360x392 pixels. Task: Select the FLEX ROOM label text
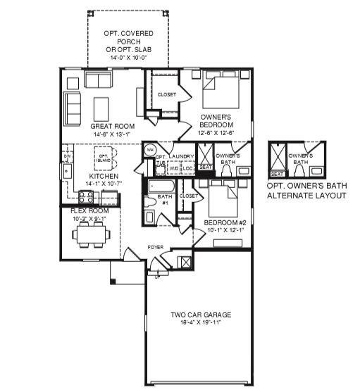(x=89, y=210)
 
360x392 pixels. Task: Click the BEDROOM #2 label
(x=224, y=222)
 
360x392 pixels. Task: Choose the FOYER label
(x=155, y=248)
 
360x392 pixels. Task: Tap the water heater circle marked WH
(x=150, y=150)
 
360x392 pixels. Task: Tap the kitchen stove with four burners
(x=86, y=197)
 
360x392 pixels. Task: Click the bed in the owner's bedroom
(x=219, y=93)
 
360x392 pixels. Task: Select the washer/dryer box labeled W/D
(x=173, y=168)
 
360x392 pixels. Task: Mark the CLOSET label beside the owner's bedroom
(x=166, y=94)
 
